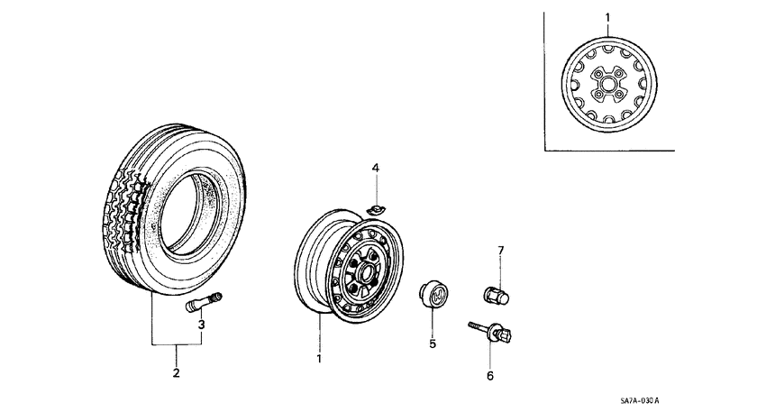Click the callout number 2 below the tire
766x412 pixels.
pyautogui.click(x=176, y=372)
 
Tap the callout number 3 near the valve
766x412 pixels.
pyautogui.click(x=202, y=324)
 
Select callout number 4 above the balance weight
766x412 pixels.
pyautogui.click(x=376, y=168)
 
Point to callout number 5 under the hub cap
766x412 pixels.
pyautogui.click(x=432, y=343)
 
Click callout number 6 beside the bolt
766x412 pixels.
pyautogui.click(x=490, y=375)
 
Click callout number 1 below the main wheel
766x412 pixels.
pyautogui.click(x=318, y=358)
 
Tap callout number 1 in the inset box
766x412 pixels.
pyautogui.click(x=606, y=17)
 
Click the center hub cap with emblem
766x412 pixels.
pyautogui.click(x=432, y=293)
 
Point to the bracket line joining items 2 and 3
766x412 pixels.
pyautogui.click(x=176, y=344)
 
